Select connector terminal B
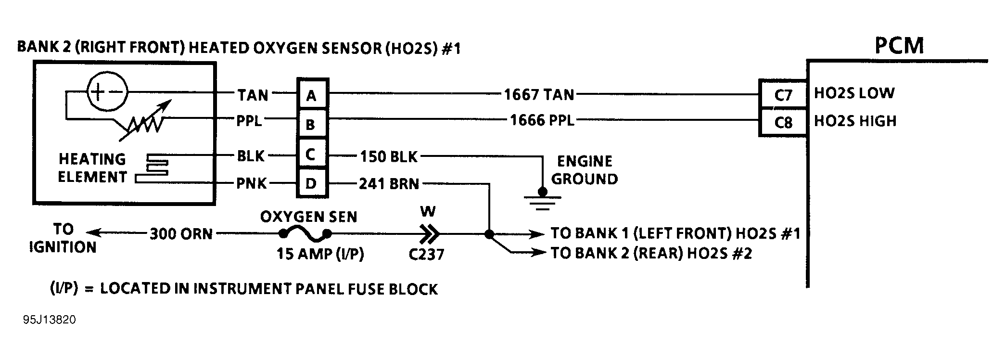tap(312, 124)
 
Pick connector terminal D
tap(312, 183)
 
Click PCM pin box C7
tap(783, 95)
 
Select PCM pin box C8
tap(783, 123)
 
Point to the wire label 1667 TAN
tap(539, 94)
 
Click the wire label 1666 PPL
tap(542, 120)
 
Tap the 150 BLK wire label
tap(389, 156)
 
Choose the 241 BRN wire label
tap(389, 184)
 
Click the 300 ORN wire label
tap(181, 234)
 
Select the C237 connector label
tap(426, 254)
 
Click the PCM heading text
tap(899, 45)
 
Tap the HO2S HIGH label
tap(855, 121)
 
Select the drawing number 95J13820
tap(49, 320)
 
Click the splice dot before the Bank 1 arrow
tap(489, 234)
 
